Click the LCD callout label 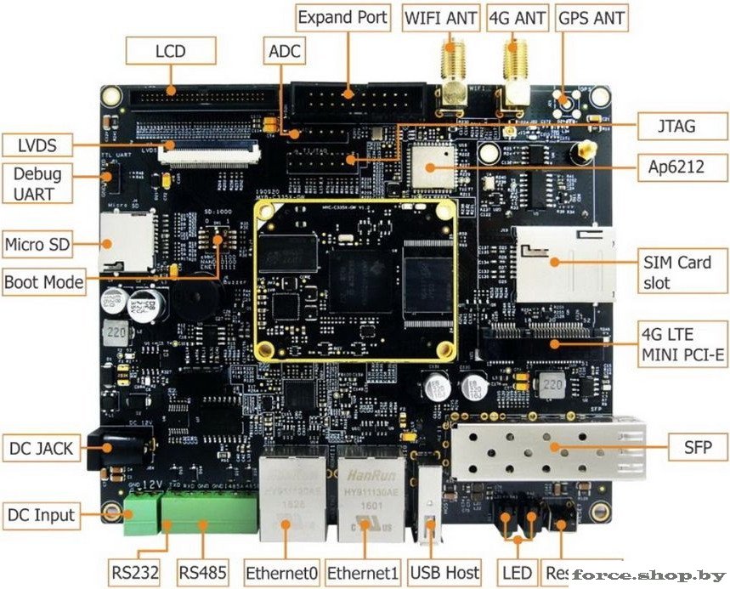click(x=170, y=51)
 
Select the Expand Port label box click(x=342, y=16)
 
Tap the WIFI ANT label click(x=441, y=17)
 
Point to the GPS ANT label click(x=591, y=17)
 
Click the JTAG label click(x=677, y=127)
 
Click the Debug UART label click(x=37, y=184)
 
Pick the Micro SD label click(x=37, y=245)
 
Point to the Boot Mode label click(x=44, y=281)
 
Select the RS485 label click(x=203, y=572)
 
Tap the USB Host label click(x=444, y=572)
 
